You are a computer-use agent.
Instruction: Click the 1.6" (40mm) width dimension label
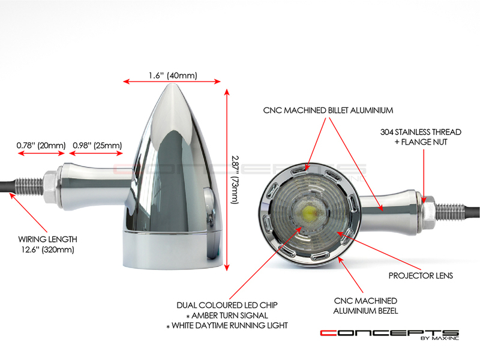point(173,76)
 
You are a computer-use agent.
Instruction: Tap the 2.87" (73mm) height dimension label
point(235,179)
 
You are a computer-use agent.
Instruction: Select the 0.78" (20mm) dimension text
point(41,145)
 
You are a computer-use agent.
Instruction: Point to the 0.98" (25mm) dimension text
point(97,145)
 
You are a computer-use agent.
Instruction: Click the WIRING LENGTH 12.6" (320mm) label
point(48,244)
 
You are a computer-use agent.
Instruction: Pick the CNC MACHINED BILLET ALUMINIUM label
point(328,110)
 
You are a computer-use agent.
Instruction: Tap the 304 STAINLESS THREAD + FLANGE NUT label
point(421,137)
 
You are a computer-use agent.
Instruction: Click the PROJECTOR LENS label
point(421,275)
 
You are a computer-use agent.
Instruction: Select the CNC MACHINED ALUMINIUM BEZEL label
point(365,306)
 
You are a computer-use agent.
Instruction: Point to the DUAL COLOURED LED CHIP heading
point(227,305)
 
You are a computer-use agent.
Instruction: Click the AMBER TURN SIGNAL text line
point(227,316)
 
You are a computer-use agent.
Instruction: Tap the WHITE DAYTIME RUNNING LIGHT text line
point(227,325)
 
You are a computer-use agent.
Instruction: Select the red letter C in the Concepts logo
point(328,333)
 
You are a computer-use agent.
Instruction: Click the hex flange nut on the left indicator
point(50,187)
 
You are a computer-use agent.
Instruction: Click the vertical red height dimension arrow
point(227,179)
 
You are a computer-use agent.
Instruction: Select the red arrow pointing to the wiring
point(28,212)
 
